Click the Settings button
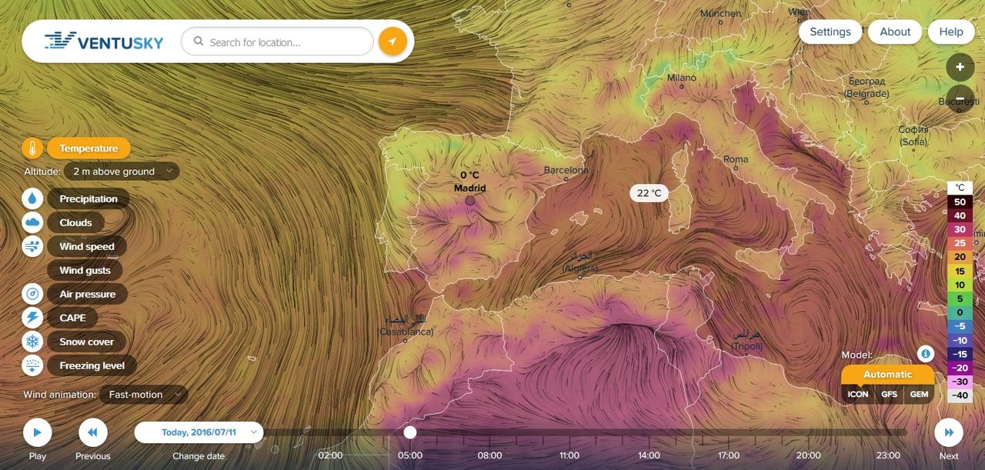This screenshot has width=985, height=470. click(x=830, y=32)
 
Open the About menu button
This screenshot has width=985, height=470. click(x=895, y=32)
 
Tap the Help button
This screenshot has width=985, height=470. click(x=950, y=32)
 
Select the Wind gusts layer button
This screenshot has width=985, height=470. click(x=85, y=270)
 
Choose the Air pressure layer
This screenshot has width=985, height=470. click(x=87, y=294)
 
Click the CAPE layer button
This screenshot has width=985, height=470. click(x=72, y=318)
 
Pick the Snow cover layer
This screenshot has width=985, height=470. click(x=86, y=342)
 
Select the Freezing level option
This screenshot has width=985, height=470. click(x=92, y=365)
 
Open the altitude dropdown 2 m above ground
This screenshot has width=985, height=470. click(x=122, y=172)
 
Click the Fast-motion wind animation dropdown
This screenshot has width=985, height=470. click(x=144, y=395)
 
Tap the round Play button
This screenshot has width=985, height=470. click(x=37, y=432)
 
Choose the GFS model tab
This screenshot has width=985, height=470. click(x=889, y=395)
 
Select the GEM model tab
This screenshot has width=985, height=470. click(x=919, y=395)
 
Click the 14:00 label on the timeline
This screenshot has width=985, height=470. click(x=649, y=455)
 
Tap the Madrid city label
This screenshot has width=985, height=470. click(x=469, y=188)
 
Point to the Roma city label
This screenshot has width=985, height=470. click(x=736, y=159)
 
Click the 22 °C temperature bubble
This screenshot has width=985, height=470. click(x=649, y=193)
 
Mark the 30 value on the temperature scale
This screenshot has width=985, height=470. click(x=960, y=229)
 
